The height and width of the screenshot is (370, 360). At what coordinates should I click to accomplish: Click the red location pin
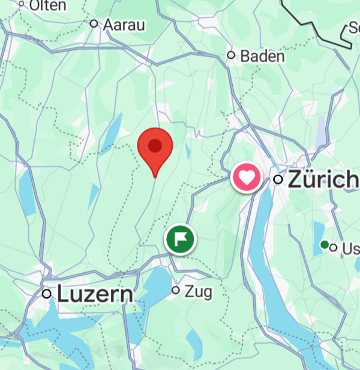155,146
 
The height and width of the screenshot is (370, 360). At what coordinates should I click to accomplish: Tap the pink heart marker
246,178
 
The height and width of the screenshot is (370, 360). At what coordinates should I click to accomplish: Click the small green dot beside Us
325,245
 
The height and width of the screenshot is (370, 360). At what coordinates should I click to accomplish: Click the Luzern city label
95,294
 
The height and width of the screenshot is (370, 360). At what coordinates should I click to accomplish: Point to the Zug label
199,292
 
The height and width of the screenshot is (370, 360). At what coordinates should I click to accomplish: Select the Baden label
262,56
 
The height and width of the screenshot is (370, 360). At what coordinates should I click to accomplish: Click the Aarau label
125,25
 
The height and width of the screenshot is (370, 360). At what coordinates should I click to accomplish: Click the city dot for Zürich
278,179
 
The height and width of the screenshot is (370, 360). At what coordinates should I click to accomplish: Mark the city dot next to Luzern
47,294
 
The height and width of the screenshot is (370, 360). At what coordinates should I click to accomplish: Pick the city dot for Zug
176,290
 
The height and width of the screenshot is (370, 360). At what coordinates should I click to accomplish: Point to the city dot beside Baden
231,55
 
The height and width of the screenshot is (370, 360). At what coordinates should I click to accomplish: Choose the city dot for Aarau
94,24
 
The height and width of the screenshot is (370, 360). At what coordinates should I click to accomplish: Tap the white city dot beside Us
334,248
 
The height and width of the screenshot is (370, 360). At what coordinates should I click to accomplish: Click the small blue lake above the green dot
320,230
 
